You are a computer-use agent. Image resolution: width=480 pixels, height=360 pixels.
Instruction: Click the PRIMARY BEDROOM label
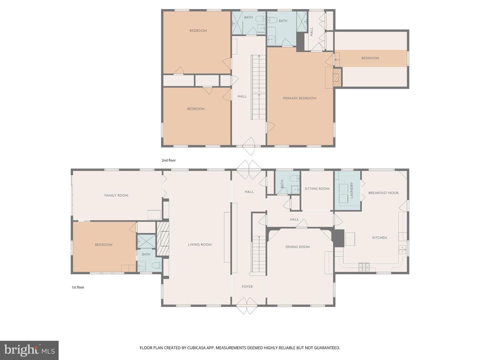299,98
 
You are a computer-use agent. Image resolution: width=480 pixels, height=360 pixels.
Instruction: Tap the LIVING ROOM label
200,245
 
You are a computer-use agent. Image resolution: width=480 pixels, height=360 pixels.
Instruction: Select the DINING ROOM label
297,247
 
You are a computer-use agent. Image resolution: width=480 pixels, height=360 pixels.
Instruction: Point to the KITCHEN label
379,238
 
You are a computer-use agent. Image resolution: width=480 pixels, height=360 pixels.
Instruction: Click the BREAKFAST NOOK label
383,193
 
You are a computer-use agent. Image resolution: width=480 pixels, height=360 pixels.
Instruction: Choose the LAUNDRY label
351,190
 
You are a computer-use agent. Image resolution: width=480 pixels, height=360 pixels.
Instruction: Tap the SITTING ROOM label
317,189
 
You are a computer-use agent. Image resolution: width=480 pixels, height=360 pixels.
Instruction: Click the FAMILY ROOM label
116,195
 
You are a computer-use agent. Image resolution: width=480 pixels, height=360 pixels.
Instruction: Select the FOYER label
247,287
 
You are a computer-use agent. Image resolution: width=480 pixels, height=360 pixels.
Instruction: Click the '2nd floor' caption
169,160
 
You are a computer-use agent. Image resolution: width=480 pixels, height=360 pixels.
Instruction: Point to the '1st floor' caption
78,287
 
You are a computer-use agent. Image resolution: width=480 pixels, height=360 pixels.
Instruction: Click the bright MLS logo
29,350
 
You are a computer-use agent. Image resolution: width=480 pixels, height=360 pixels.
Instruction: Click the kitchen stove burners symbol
364,267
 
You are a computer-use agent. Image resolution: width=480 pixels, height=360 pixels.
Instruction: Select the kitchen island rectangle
350,239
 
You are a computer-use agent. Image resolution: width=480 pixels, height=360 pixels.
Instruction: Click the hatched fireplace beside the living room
163,239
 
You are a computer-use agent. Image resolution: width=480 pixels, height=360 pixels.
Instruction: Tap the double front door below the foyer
247,306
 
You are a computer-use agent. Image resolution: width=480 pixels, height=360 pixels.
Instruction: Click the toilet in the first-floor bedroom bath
156,266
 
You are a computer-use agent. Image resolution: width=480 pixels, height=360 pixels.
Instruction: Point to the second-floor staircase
258,87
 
